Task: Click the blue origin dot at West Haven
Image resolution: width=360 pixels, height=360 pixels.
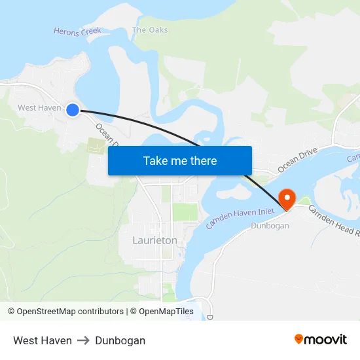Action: click(73, 110)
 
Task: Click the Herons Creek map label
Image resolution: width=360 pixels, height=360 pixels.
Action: click(77, 31)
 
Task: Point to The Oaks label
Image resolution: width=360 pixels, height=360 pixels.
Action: click(149, 30)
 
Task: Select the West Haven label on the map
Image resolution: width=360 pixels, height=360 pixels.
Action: click(39, 107)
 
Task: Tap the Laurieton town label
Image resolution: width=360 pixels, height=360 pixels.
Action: click(154, 240)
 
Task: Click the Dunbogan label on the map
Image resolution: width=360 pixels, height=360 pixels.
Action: click(270, 226)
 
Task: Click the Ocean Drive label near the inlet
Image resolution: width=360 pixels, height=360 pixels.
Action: click(297, 160)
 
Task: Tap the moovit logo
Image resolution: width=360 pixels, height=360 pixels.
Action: click(321, 340)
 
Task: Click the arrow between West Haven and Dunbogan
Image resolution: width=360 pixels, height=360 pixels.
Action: click(83, 340)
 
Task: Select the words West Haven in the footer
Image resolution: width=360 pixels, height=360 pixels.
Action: click(43, 340)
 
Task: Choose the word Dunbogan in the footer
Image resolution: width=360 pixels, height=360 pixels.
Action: click(120, 340)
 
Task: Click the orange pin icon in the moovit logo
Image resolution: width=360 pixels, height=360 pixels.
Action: click(298, 339)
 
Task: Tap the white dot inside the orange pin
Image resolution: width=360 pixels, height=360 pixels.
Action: click(287, 196)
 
